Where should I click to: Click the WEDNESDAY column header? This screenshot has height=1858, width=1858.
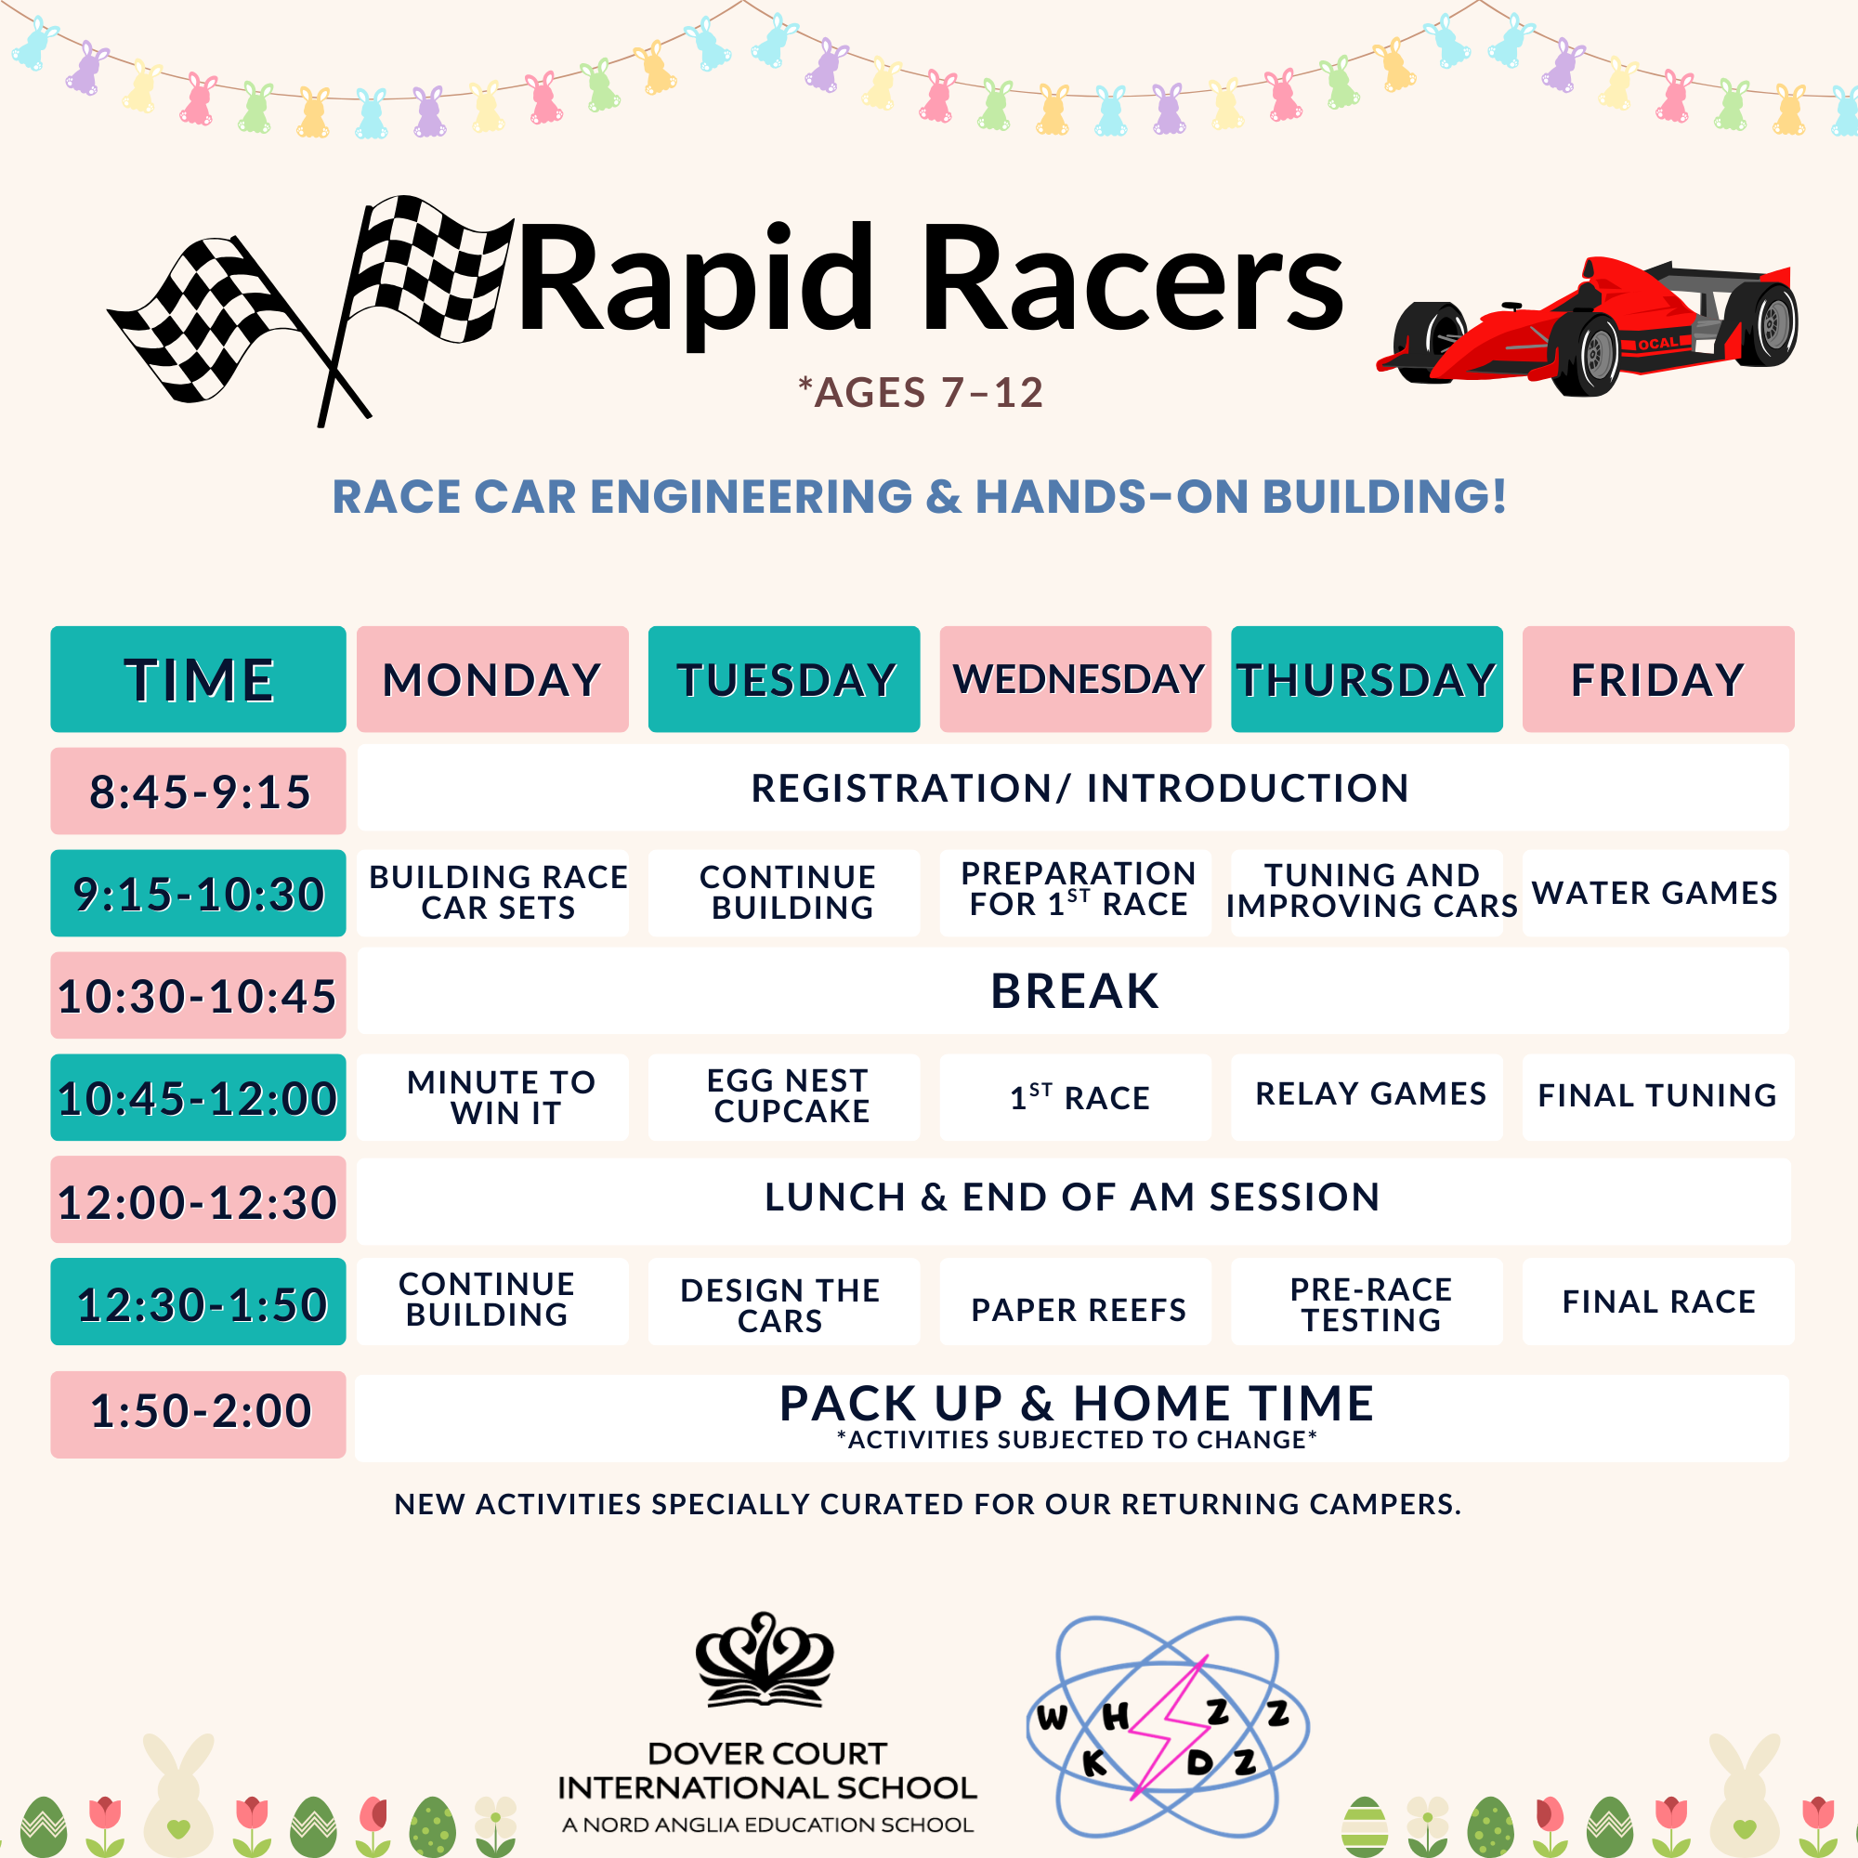click(x=1075, y=679)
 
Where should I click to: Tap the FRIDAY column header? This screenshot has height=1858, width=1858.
click(x=1658, y=679)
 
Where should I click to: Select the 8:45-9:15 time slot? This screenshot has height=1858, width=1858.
click(x=198, y=791)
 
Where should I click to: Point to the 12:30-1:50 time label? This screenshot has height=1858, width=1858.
click(x=198, y=1302)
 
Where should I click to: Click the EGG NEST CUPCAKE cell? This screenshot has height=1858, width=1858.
click(x=784, y=1097)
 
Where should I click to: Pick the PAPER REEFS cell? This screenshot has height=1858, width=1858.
click(x=1075, y=1302)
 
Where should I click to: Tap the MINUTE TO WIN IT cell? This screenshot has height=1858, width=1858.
click(x=492, y=1097)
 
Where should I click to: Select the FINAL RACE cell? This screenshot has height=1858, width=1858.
click(x=1658, y=1302)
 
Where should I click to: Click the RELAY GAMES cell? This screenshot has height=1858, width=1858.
click(x=1367, y=1097)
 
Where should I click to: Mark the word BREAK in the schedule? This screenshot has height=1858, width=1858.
click(x=1074, y=991)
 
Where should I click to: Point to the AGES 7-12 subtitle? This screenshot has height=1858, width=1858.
click(x=922, y=392)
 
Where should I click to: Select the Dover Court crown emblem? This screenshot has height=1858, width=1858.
click(x=765, y=1660)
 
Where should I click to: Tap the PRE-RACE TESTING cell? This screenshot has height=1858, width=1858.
click(x=1367, y=1302)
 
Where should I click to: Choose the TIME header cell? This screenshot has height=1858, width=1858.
click(x=198, y=679)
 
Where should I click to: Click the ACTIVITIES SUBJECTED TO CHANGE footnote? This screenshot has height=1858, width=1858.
click(x=1076, y=1440)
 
